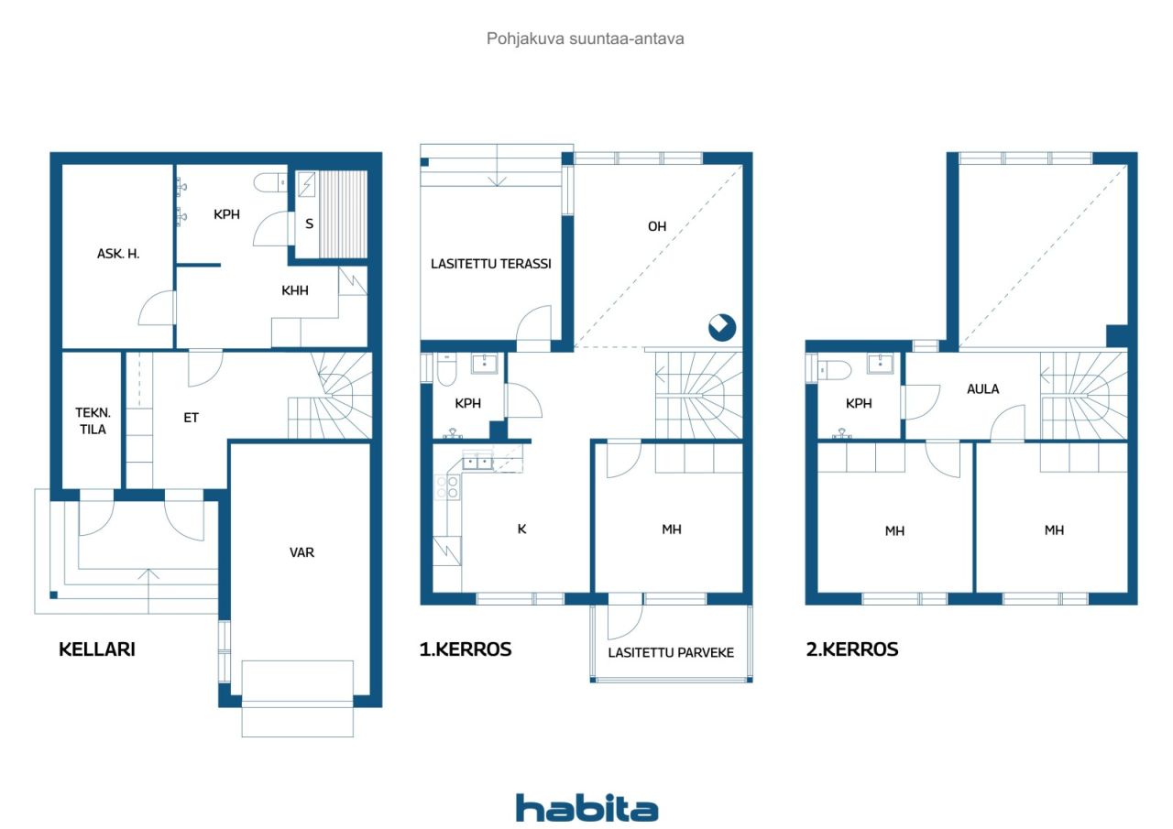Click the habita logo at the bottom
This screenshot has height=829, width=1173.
[586, 808]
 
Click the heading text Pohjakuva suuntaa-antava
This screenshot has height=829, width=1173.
[585, 38]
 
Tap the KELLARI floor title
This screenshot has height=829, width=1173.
[97, 649]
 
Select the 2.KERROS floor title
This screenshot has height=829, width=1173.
[852, 649]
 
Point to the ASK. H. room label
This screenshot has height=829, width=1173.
[118, 254]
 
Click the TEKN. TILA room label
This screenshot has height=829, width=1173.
[93, 420]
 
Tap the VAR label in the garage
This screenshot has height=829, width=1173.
[301, 552]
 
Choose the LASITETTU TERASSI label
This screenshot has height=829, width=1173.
[490, 264]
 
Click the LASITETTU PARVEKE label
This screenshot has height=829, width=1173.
[671, 652]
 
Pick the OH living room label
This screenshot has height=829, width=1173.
[657, 226]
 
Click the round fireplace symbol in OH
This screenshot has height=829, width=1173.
[722, 328]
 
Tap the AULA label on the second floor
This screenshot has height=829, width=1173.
[982, 389]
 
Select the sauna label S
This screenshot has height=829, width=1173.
[309, 224]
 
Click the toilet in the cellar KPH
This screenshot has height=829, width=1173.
[270, 182]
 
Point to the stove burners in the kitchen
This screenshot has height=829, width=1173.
[447, 486]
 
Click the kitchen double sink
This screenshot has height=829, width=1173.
[477, 462]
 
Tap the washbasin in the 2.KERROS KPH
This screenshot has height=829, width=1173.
[881, 364]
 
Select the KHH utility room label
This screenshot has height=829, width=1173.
[295, 291]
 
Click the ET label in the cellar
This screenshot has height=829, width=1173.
[192, 418]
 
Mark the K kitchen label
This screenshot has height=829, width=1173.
[521, 529]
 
